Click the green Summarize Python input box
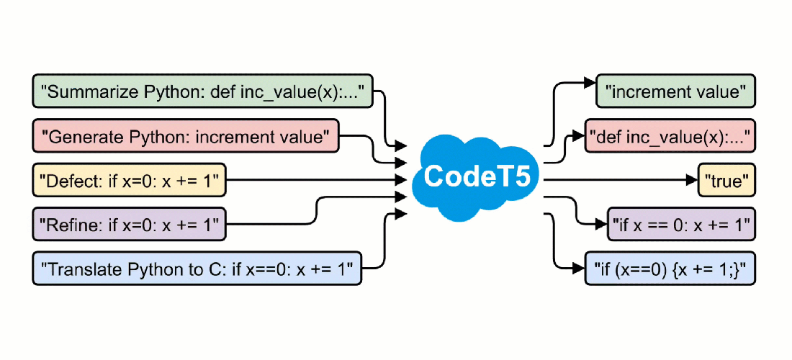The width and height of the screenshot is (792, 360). [202, 91]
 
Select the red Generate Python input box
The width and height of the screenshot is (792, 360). [186, 135]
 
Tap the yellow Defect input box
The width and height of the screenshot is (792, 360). [130, 181]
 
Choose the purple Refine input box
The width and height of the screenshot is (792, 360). [130, 225]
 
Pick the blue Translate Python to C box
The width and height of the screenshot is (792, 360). [197, 270]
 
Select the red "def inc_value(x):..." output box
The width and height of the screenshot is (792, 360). [670, 135]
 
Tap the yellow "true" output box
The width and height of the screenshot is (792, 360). [727, 181]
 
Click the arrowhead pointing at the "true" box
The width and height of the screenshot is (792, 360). [693, 181]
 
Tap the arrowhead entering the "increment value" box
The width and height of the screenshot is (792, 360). [590, 82]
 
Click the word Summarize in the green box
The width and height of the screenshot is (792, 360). [85, 91]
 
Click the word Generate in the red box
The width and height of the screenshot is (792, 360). [78, 135]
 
